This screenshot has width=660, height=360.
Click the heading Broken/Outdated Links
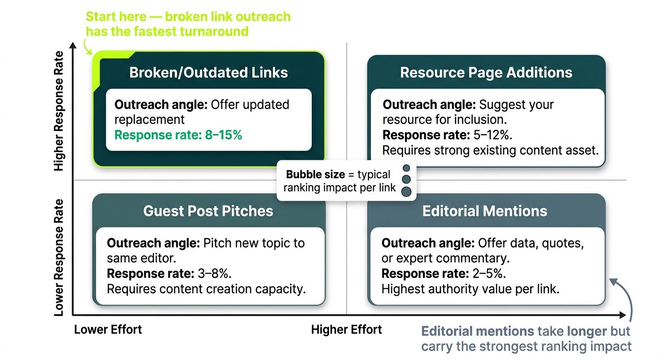209,73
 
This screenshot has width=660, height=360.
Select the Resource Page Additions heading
486,73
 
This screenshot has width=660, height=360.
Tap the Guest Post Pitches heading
208,211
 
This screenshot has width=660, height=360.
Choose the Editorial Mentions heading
485,211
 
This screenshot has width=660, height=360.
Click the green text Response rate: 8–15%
179,135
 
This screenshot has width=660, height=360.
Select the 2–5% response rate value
488,274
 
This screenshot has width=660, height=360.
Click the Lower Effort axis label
108,330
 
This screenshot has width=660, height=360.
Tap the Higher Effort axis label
346,330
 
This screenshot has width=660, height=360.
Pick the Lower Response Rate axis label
59,257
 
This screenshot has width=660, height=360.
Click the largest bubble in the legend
407,191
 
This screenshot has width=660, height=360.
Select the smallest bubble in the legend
406,168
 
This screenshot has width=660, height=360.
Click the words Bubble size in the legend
315,175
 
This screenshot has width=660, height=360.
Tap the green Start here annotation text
187,24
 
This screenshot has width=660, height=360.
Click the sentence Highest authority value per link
470,289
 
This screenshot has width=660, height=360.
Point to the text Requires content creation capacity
206,289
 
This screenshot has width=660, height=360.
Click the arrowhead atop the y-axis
73,45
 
